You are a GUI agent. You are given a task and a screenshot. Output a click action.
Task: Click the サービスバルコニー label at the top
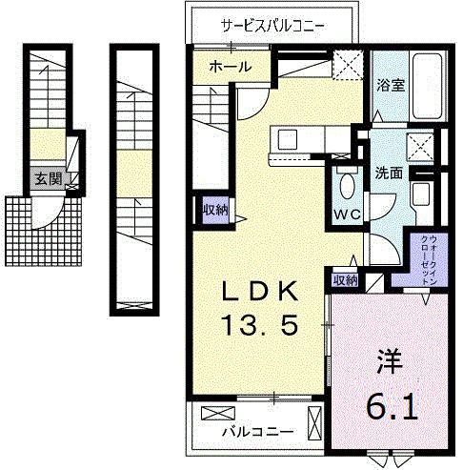[x=272, y=25]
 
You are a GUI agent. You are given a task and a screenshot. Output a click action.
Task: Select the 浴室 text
[x=390, y=85]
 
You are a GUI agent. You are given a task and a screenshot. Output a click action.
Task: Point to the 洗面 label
[x=388, y=174]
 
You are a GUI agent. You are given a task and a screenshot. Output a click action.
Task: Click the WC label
[x=346, y=214]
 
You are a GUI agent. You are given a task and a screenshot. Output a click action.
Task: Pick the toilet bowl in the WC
[x=347, y=185]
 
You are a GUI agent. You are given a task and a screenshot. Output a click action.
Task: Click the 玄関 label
[x=45, y=178]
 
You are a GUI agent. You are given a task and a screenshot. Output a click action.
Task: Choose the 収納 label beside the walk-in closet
[x=345, y=280]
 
